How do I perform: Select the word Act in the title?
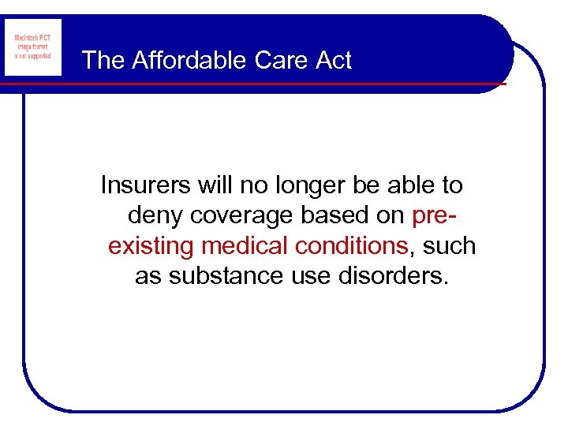click(x=334, y=61)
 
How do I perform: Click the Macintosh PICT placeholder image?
click(x=32, y=48)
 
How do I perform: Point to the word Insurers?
click(x=146, y=185)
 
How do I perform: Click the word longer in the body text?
click(x=307, y=185)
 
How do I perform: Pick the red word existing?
click(x=151, y=246)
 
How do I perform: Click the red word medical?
click(x=245, y=246)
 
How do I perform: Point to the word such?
click(x=449, y=246)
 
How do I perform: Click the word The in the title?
click(x=103, y=61)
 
